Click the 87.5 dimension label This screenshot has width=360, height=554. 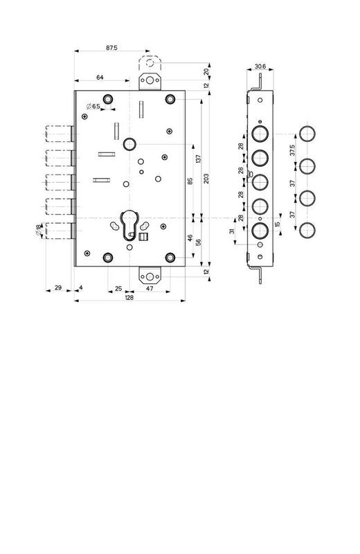point(111,48)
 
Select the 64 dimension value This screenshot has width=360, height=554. point(100,78)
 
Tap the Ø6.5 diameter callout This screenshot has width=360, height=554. point(93,106)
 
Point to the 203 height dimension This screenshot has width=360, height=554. point(207,179)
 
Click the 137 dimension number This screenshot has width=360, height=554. point(198,159)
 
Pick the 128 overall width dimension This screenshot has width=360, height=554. point(129,298)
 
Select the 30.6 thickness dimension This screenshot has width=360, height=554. point(260,66)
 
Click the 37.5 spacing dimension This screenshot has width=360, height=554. point(293,150)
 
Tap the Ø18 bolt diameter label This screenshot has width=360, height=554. point(38,230)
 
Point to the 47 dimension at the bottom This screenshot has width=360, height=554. point(150,288)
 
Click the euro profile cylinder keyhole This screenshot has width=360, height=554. point(129,226)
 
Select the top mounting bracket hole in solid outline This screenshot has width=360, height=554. point(150,80)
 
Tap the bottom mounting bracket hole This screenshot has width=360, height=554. point(150,276)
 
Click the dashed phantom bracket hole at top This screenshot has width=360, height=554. point(150,63)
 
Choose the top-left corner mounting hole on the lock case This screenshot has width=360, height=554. point(108,99)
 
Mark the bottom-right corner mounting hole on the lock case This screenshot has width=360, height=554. point(170,258)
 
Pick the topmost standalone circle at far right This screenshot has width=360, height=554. point(307,134)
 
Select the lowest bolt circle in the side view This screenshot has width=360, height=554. point(260,231)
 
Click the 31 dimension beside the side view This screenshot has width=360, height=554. point(232,231)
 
